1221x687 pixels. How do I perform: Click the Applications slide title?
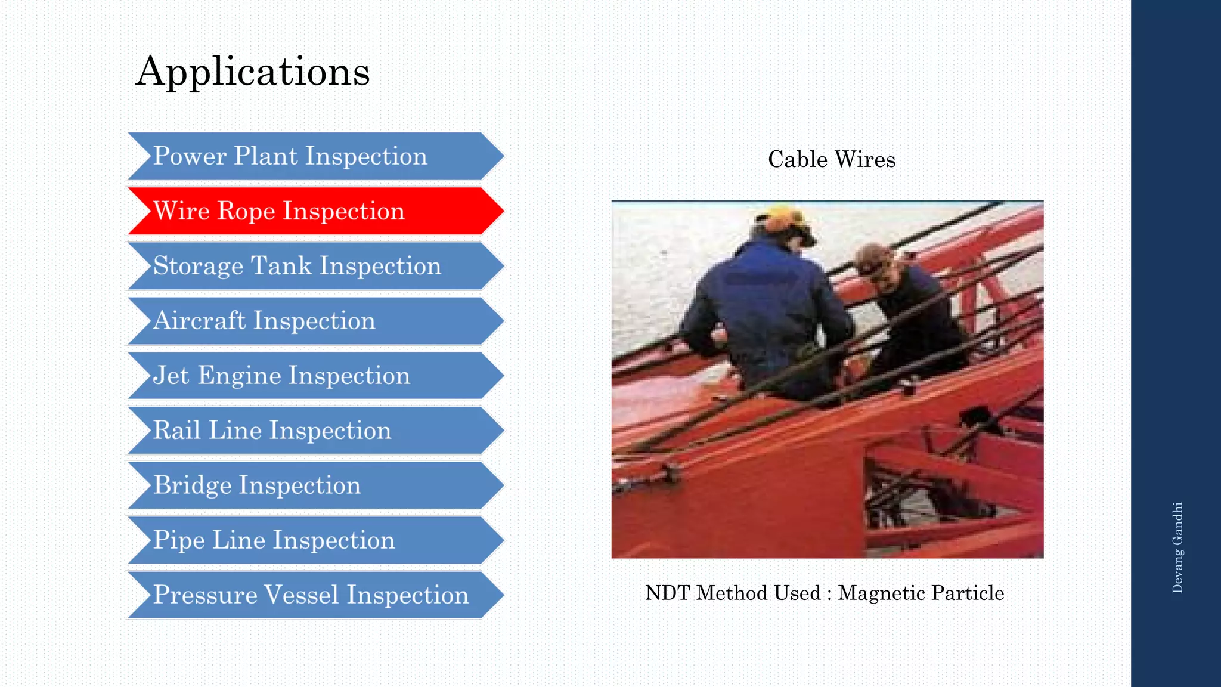[253, 72]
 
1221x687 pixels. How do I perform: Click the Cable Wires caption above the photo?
[832, 160]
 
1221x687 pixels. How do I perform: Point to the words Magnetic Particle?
[921, 593]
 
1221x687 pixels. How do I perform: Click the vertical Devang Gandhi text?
[1177, 547]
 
